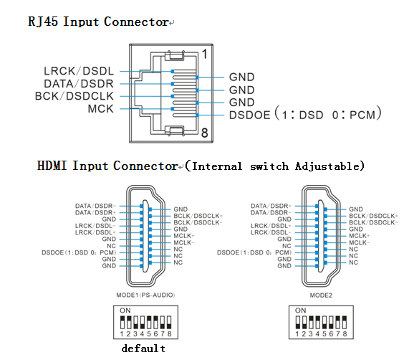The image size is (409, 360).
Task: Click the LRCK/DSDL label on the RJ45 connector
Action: coord(79,71)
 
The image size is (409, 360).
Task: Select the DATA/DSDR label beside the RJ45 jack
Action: coord(79,84)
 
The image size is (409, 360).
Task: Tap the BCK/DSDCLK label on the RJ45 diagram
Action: coord(74,96)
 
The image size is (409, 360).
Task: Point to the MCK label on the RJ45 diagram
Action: coord(101,109)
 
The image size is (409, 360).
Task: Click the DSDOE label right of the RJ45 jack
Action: coord(249,115)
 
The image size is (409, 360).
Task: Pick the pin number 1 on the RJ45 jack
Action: coord(205,55)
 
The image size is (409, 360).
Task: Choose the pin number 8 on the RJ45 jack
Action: coord(205,133)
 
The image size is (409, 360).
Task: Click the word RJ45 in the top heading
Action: coord(43,22)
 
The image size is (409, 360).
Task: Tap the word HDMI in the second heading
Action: coord(52,166)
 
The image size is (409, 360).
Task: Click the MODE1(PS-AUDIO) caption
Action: coord(145,295)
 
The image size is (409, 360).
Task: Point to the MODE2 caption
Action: coord(321,295)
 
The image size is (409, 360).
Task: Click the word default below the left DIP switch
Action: coord(143,349)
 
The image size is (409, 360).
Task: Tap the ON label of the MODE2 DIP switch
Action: coord(301,311)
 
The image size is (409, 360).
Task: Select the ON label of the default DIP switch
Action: coord(125,311)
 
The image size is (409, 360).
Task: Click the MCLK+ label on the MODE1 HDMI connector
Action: coord(184,236)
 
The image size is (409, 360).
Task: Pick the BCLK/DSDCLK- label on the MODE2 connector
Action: coord(373,222)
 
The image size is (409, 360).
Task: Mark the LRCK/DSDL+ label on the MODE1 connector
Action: coord(95,232)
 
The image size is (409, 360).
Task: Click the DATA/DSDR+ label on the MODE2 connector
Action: coord(271,206)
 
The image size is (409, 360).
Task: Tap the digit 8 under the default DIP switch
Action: coord(169,333)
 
